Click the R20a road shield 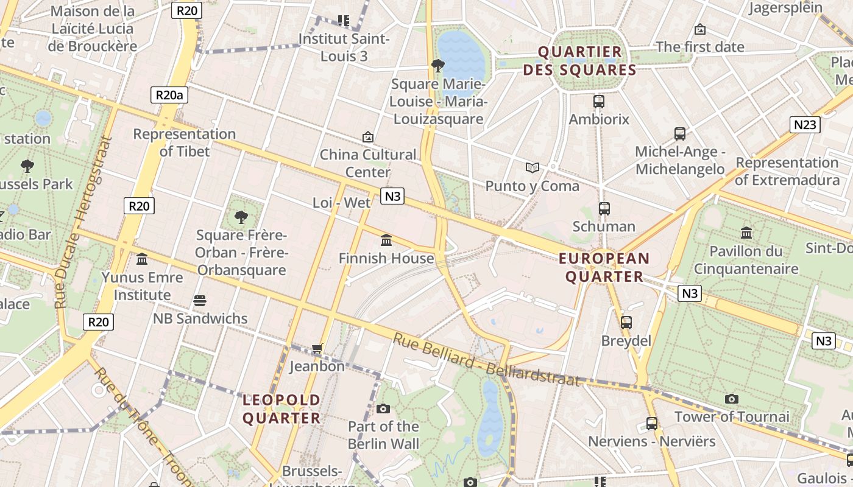169,95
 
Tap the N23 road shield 805,125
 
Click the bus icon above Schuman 604,209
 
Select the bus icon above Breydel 626,323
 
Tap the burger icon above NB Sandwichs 200,300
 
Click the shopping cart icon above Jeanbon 317,349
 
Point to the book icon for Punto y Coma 533,167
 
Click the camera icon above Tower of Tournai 732,399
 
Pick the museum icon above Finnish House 386,240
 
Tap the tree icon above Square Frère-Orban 241,216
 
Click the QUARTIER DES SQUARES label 580,61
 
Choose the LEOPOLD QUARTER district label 281,409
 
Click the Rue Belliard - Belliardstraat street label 486,360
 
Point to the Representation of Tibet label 184,142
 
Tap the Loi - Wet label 341,203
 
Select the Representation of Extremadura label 787,171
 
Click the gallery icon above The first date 700,29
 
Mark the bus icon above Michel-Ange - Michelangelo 680,133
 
